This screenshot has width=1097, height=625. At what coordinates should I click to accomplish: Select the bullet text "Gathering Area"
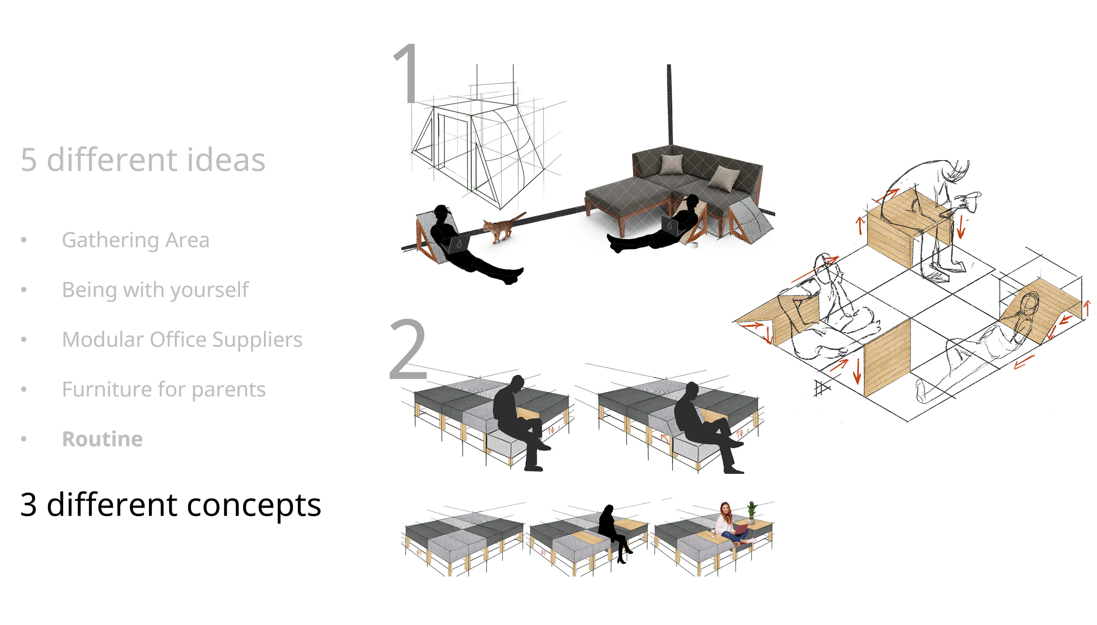136,240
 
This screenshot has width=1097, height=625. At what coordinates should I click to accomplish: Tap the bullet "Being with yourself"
155,290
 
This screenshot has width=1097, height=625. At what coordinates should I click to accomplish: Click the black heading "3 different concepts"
171,505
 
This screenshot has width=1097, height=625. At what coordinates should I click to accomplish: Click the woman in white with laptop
733,525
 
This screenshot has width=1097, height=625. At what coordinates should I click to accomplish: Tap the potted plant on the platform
752,512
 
